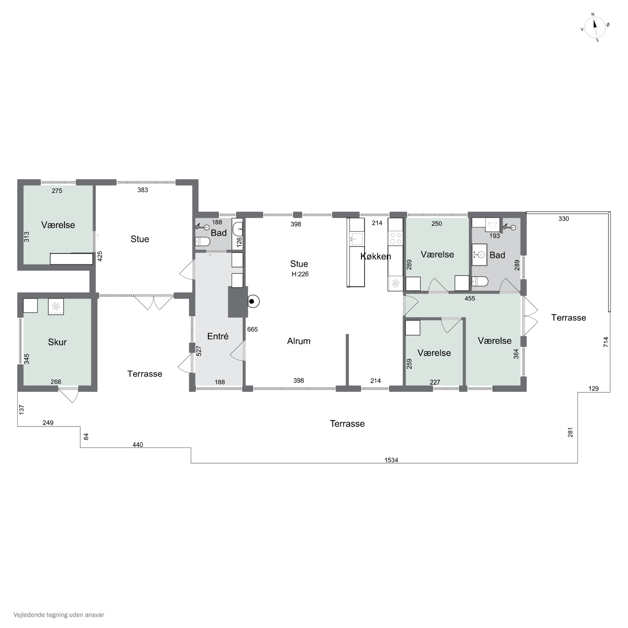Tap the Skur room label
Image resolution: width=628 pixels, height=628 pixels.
coord(57,342)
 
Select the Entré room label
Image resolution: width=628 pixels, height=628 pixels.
coord(218,336)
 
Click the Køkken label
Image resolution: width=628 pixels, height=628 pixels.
coord(376,256)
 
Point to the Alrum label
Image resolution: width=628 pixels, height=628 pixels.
coord(299,341)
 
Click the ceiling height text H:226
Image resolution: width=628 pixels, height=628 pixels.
coord(300,274)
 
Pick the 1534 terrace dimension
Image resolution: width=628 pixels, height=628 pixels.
coord(391,460)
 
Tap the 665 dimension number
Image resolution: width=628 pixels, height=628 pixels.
coord(252,329)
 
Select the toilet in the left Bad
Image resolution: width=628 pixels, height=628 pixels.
coord(202,242)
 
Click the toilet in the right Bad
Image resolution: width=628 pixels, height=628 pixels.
coord(480,281)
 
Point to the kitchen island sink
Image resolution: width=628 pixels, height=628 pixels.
coord(356,239)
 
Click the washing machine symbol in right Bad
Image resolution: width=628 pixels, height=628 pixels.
coord(492,225)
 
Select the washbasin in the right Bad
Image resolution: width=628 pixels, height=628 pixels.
coord(479,255)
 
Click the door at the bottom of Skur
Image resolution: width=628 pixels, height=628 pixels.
coord(69,394)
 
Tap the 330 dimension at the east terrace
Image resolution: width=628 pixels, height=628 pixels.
coord(564,219)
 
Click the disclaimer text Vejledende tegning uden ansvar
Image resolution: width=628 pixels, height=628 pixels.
coord(59,615)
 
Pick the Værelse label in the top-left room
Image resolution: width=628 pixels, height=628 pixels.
coord(58,225)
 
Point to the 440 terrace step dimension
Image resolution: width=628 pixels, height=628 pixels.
coord(138,445)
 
